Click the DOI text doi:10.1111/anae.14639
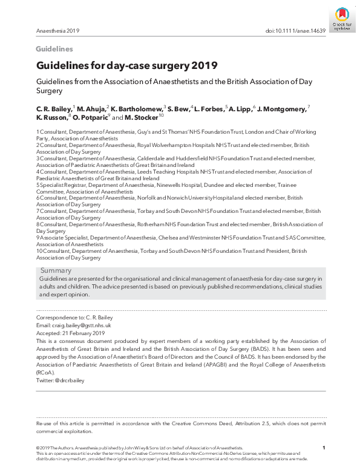(x=296, y=30)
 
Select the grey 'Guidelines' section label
(x=54, y=49)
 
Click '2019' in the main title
(x=205, y=65)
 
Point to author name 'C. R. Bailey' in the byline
(x=54, y=108)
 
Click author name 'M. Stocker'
(x=141, y=117)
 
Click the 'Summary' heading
(x=56, y=270)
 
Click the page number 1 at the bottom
(x=324, y=448)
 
